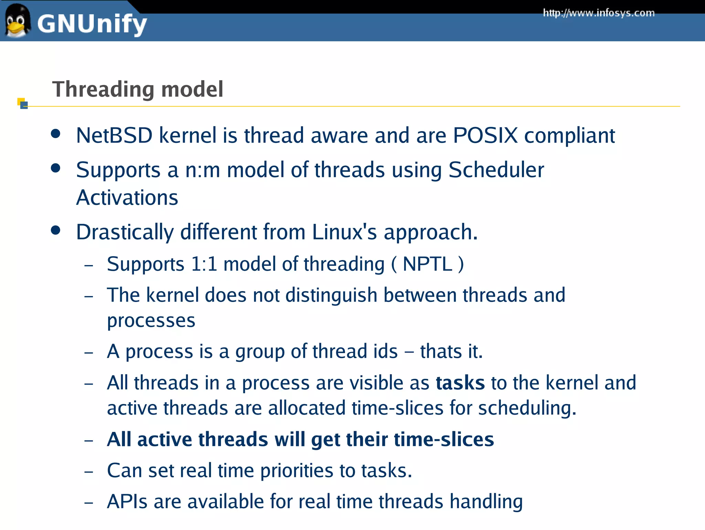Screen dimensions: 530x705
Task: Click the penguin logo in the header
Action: pyautogui.click(x=17, y=21)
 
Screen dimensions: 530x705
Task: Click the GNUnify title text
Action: pyautogui.click(x=92, y=24)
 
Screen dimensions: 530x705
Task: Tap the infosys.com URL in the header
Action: pyautogui.click(x=599, y=13)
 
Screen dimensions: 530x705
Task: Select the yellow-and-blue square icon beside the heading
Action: pyautogui.click(x=23, y=103)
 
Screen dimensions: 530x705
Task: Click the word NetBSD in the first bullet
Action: pyautogui.click(x=114, y=135)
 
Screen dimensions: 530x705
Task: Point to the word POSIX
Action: pyautogui.click(x=485, y=135)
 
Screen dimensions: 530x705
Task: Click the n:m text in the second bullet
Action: pyautogui.click(x=202, y=170)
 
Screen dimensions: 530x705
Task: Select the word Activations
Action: pyautogui.click(x=127, y=198)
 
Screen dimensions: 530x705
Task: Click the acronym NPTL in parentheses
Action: pyautogui.click(x=427, y=264)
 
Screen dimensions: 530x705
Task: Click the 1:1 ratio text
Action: pyautogui.click(x=204, y=264)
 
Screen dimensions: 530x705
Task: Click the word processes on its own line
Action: pyautogui.click(x=151, y=321)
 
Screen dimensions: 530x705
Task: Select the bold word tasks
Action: pyautogui.click(x=460, y=383)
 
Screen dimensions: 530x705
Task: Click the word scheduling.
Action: pyautogui.click(x=527, y=408)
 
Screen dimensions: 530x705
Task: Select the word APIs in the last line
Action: pyautogui.click(x=127, y=502)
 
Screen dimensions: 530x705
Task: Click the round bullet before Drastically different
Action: pyautogui.click(x=55, y=230)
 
